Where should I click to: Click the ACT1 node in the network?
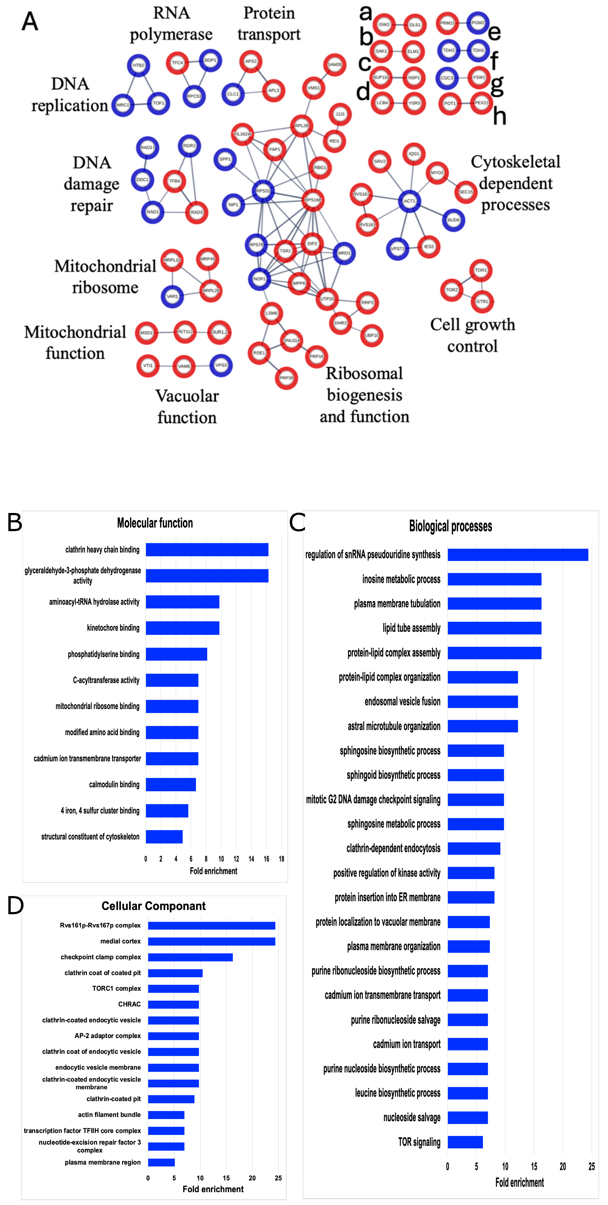pyautogui.click(x=409, y=201)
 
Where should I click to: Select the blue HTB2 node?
pyautogui.click(x=138, y=66)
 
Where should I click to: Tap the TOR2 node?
pyautogui.click(x=452, y=290)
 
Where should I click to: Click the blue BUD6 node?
pyautogui.click(x=453, y=220)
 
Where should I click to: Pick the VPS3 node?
pyautogui.click(x=221, y=365)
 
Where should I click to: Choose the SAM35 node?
pyautogui.click(x=334, y=64)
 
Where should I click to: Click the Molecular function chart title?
pyautogui.click(x=155, y=523)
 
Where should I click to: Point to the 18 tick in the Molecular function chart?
pyautogui.click(x=282, y=859)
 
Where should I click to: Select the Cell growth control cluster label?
pyautogui.click(x=472, y=335)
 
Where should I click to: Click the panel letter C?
pyautogui.click(x=297, y=523)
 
